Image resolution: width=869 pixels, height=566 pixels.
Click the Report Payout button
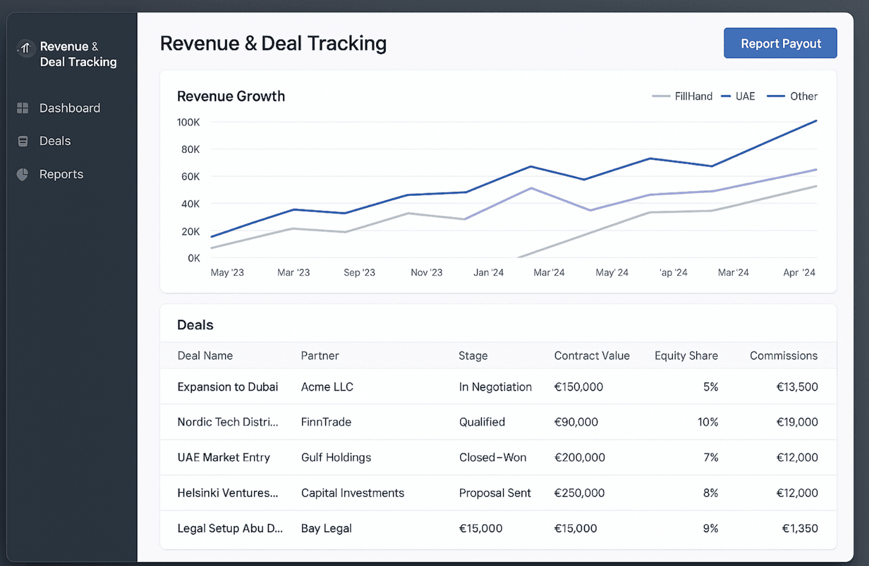(780, 44)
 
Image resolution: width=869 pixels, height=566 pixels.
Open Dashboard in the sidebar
(69, 108)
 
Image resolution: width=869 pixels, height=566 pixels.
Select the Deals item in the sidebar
(55, 141)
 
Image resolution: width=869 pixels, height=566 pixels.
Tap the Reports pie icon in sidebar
(23, 174)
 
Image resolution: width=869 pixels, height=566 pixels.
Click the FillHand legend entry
(693, 96)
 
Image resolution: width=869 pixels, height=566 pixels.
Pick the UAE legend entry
(745, 96)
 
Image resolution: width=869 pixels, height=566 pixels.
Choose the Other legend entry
(803, 96)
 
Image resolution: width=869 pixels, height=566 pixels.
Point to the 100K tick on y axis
(188, 122)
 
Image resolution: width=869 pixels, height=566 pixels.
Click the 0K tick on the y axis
(193, 258)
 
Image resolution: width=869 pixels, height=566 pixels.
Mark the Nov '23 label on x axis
(427, 273)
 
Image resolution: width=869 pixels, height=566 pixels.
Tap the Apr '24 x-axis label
(799, 273)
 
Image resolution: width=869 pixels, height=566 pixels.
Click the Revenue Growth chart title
(231, 96)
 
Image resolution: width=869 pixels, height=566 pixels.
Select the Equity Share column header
(686, 355)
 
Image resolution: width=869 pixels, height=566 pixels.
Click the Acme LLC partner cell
(327, 387)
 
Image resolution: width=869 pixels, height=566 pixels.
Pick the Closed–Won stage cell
(492, 457)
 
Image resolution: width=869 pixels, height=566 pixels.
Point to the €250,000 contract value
(579, 493)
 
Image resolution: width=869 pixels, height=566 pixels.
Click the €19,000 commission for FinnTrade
(797, 422)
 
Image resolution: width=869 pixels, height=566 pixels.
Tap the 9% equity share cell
(710, 529)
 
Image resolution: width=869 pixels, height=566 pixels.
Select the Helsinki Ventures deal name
(227, 493)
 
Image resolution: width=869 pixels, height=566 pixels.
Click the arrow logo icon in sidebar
(25, 48)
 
